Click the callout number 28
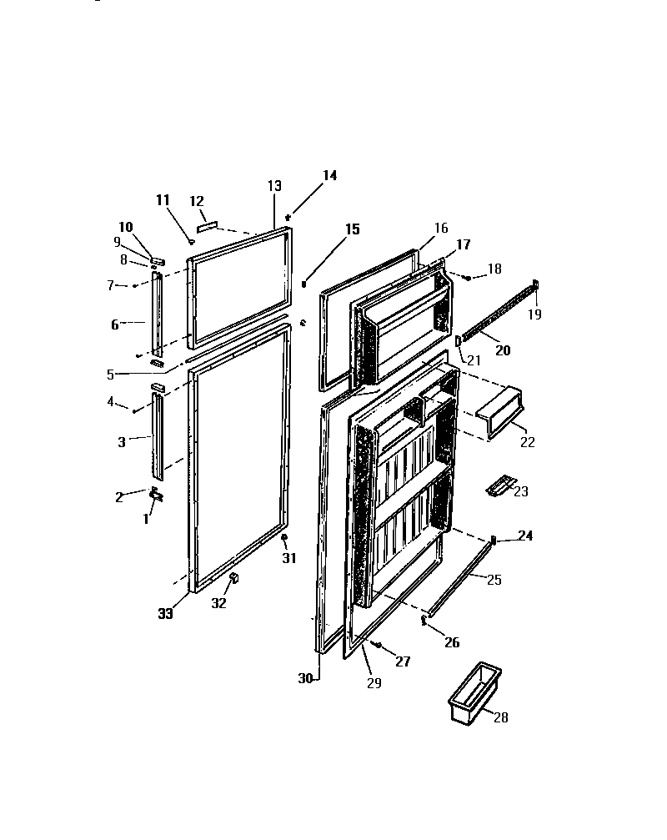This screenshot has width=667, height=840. point(500,717)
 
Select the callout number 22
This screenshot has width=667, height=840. point(527,442)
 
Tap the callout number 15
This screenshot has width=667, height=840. point(353,229)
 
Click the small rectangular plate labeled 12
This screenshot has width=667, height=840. point(206,225)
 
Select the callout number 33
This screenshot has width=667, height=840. point(165,614)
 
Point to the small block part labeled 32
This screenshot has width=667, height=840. point(234,577)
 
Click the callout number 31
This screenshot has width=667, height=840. point(288,558)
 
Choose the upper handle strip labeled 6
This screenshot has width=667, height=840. point(156,314)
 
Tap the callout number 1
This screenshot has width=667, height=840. point(146,518)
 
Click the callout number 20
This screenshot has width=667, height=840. point(504,351)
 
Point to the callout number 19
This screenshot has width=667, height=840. point(534,314)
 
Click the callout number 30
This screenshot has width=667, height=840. point(305,679)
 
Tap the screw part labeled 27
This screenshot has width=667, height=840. point(378,645)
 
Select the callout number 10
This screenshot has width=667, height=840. point(125,227)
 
